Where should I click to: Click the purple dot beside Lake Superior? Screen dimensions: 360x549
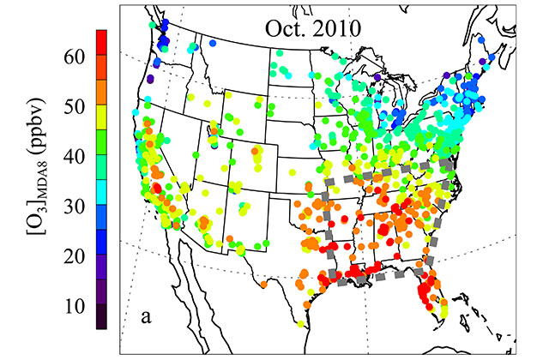377,77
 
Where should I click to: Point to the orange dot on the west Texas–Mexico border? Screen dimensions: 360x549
261,282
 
